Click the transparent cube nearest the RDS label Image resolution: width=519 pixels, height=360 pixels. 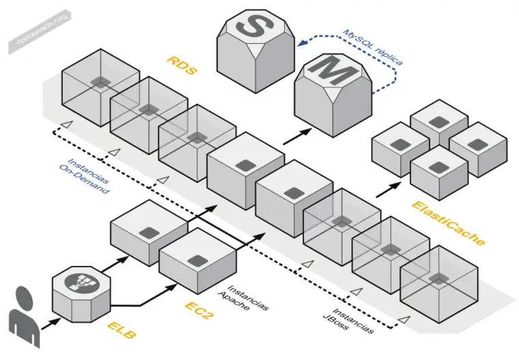pyautogui.click(x=149, y=112)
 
